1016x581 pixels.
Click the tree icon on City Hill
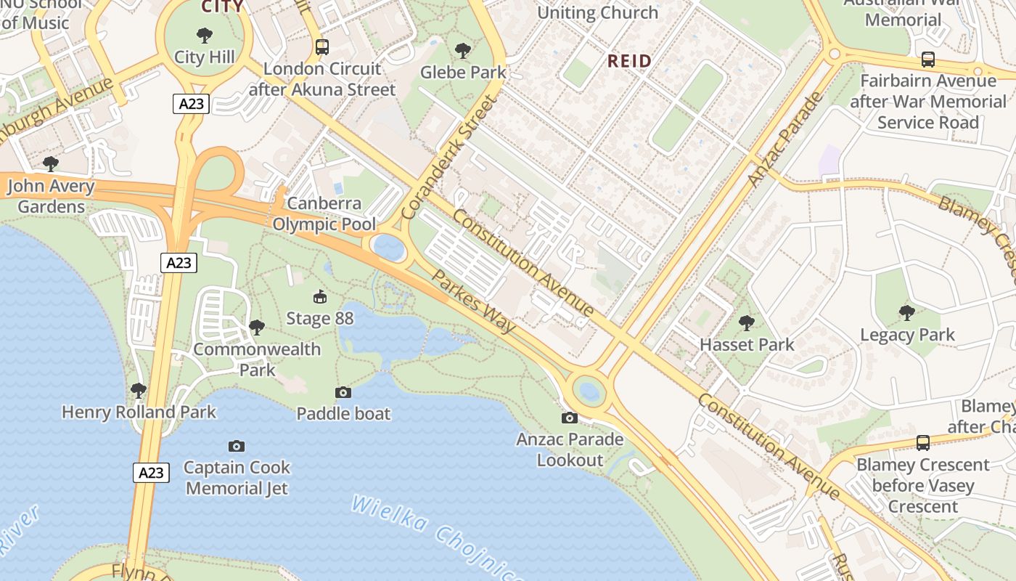(x=205, y=35)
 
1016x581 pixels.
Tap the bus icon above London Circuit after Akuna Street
(x=322, y=47)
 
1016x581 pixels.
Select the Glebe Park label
(x=463, y=72)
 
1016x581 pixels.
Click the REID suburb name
(x=629, y=61)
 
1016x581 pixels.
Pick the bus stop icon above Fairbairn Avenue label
(x=927, y=60)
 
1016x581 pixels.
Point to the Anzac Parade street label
(x=786, y=139)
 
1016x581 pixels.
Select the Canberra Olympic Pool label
(x=324, y=213)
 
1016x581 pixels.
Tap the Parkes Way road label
(x=473, y=301)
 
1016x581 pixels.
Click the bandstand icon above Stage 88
(x=319, y=296)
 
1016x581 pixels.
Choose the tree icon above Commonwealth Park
(x=256, y=328)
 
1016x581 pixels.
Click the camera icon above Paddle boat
(x=343, y=392)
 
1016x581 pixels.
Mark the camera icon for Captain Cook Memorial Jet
(x=236, y=446)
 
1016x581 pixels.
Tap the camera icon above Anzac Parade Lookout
(x=570, y=418)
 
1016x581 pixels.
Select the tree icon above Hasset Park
(x=747, y=323)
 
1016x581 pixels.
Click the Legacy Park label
(x=907, y=335)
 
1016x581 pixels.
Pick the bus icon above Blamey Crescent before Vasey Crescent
(x=922, y=442)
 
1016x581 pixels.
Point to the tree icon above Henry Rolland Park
(x=139, y=391)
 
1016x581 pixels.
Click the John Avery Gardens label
(x=51, y=196)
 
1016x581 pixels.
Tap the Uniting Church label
(x=597, y=12)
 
